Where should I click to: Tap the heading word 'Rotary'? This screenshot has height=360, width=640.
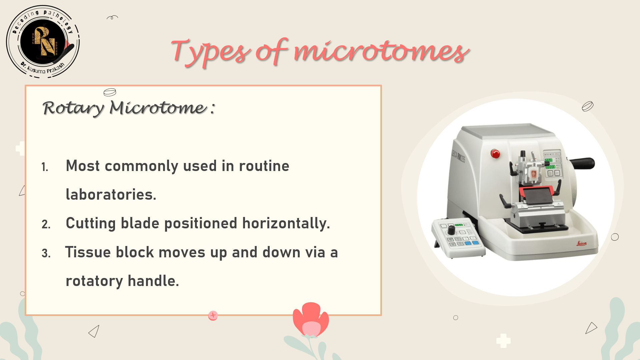click(x=73, y=108)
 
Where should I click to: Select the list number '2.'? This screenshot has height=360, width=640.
click(x=46, y=224)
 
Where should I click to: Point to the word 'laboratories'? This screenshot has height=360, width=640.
click(x=111, y=195)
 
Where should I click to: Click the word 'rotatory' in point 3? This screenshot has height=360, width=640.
click(x=94, y=281)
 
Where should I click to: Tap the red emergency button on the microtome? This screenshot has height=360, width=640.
click(x=495, y=154)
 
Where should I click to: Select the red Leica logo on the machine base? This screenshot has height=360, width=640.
click(x=581, y=244)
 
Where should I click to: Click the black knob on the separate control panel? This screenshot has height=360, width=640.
click(x=451, y=230)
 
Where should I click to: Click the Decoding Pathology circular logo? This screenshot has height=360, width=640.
click(x=43, y=42)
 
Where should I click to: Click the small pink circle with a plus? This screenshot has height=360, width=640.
click(x=213, y=315)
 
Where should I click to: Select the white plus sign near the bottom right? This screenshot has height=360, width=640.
click(x=503, y=341)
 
